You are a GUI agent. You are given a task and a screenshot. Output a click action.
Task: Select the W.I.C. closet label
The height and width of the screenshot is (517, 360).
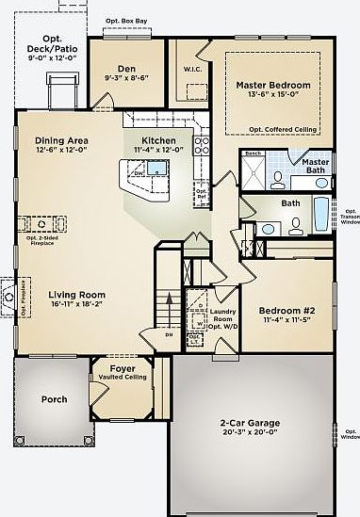click(x=187, y=66)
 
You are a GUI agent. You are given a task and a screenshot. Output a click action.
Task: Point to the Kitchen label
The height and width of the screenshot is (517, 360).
click(x=153, y=140)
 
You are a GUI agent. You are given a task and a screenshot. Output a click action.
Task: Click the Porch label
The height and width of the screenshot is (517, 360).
click(x=55, y=399)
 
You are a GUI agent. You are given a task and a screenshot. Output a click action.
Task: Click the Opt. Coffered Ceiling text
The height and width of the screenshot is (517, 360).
click(x=282, y=128)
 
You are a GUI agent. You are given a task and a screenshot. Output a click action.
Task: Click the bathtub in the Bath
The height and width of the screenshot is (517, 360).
click(x=321, y=214)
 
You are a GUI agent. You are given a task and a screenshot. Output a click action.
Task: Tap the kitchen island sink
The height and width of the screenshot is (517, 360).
click(x=155, y=171)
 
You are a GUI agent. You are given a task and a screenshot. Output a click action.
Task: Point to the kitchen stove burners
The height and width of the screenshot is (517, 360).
click(x=201, y=144)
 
